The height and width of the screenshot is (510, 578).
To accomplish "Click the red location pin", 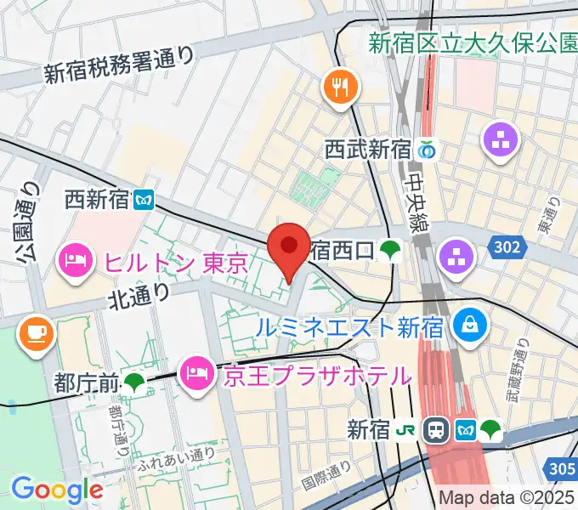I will click(x=288, y=246).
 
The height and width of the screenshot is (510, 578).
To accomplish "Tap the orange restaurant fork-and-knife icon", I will click(x=340, y=86).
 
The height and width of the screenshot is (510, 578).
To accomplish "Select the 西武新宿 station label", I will click(x=368, y=150).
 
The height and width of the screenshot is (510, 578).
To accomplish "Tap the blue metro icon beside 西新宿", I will click(x=145, y=200).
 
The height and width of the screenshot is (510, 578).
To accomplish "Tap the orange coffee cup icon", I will click(x=35, y=331).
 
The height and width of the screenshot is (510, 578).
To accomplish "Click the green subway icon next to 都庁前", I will click(x=134, y=383).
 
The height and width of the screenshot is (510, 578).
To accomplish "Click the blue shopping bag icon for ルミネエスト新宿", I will click(x=467, y=324).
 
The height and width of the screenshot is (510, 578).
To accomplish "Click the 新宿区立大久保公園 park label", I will click(x=473, y=42).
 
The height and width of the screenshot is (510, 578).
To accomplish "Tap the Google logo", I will click(x=56, y=490).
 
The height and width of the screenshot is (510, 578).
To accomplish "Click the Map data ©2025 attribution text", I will click(x=507, y=499).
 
